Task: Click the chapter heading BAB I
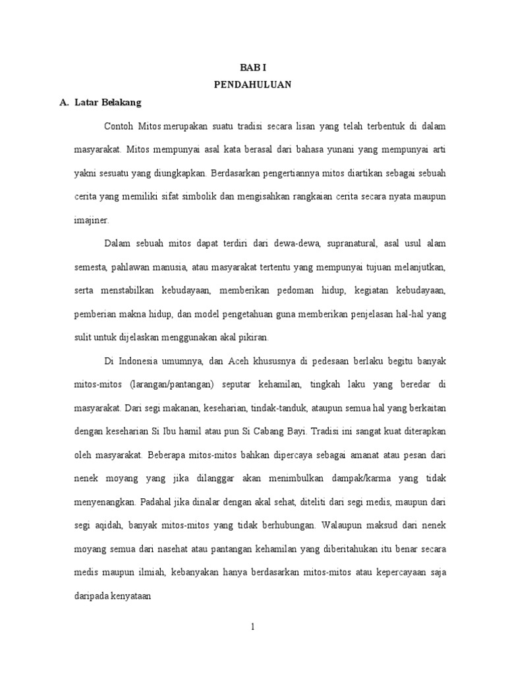253,68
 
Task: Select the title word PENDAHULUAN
253,85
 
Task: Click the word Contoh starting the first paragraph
118,125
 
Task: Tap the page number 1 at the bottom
253,627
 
